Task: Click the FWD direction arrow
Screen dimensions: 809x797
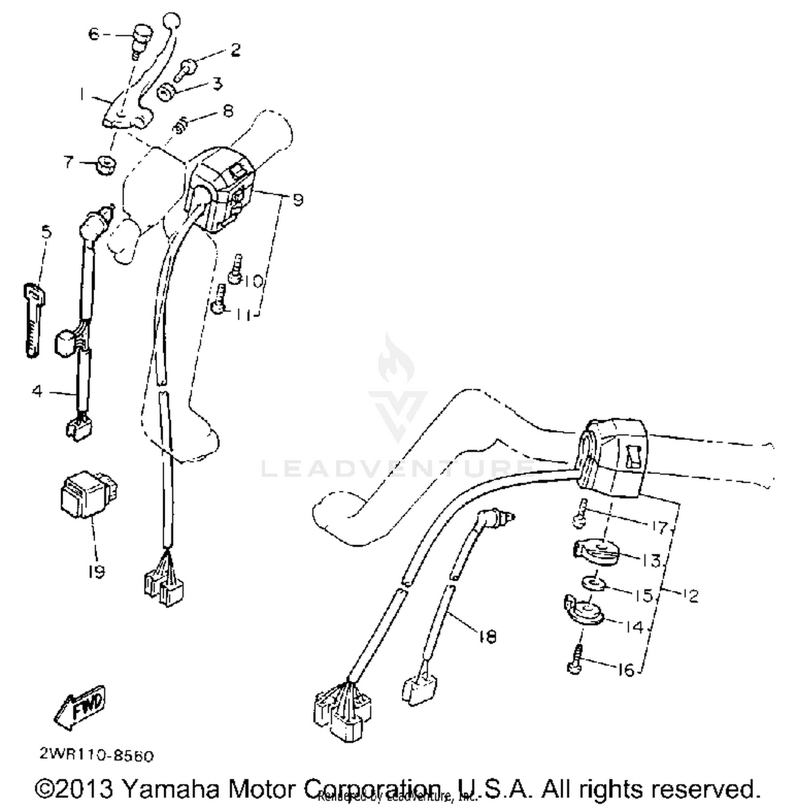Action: (80, 706)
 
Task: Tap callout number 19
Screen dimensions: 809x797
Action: (96, 572)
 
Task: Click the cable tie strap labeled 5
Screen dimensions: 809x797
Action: (33, 319)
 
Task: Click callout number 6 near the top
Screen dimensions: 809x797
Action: (94, 35)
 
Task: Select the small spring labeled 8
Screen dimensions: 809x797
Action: (182, 125)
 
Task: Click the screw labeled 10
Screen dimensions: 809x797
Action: (235, 268)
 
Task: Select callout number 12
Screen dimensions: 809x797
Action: (691, 596)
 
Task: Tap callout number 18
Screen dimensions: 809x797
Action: (487, 636)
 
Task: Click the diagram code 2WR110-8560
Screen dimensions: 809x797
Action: (96, 755)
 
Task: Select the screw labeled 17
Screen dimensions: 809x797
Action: (580, 513)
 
